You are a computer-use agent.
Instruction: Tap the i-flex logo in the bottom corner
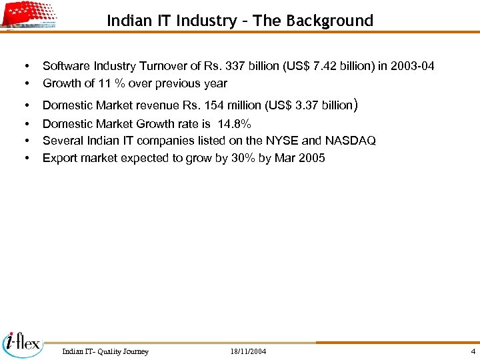click(x=22, y=344)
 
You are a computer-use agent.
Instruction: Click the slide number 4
click(x=473, y=351)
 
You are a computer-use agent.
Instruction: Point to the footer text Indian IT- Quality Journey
click(x=105, y=351)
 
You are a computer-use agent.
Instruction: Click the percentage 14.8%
click(x=235, y=124)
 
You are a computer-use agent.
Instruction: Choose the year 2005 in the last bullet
click(x=311, y=158)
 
